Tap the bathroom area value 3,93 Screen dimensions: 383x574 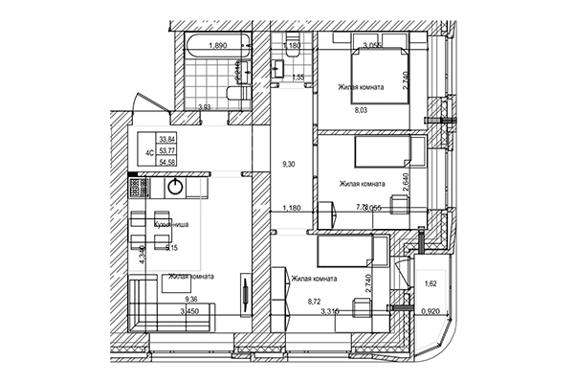point(204,107)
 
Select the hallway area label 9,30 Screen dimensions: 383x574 point(289,165)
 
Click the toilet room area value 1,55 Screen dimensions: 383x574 point(298,77)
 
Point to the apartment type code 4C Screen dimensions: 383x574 point(150,151)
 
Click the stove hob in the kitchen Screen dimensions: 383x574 point(137,187)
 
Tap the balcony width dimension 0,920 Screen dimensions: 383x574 point(433,311)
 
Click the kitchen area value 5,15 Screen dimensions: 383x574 point(172,248)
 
